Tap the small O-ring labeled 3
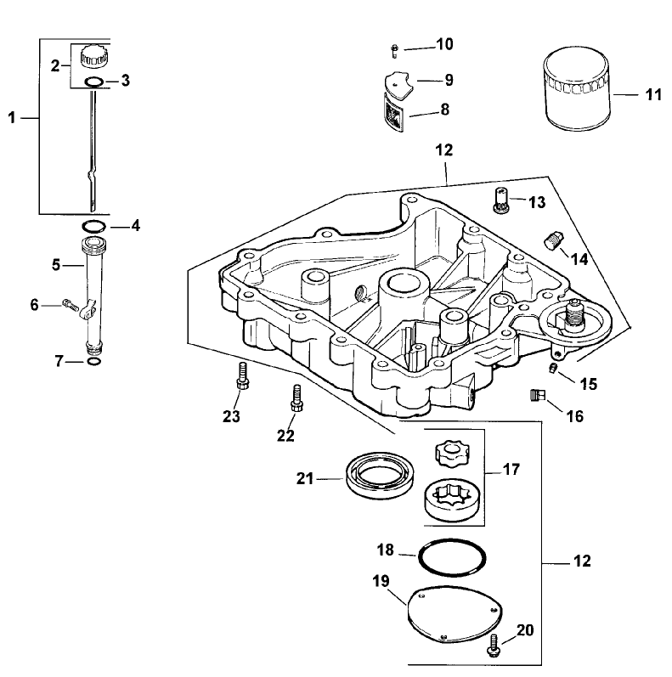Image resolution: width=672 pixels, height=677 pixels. (94, 82)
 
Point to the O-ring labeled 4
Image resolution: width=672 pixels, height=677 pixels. (93, 227)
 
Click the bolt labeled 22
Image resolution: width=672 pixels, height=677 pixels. (296, 398)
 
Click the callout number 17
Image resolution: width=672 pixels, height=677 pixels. (512, 469)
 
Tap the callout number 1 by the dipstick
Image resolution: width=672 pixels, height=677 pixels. (13, 119)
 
